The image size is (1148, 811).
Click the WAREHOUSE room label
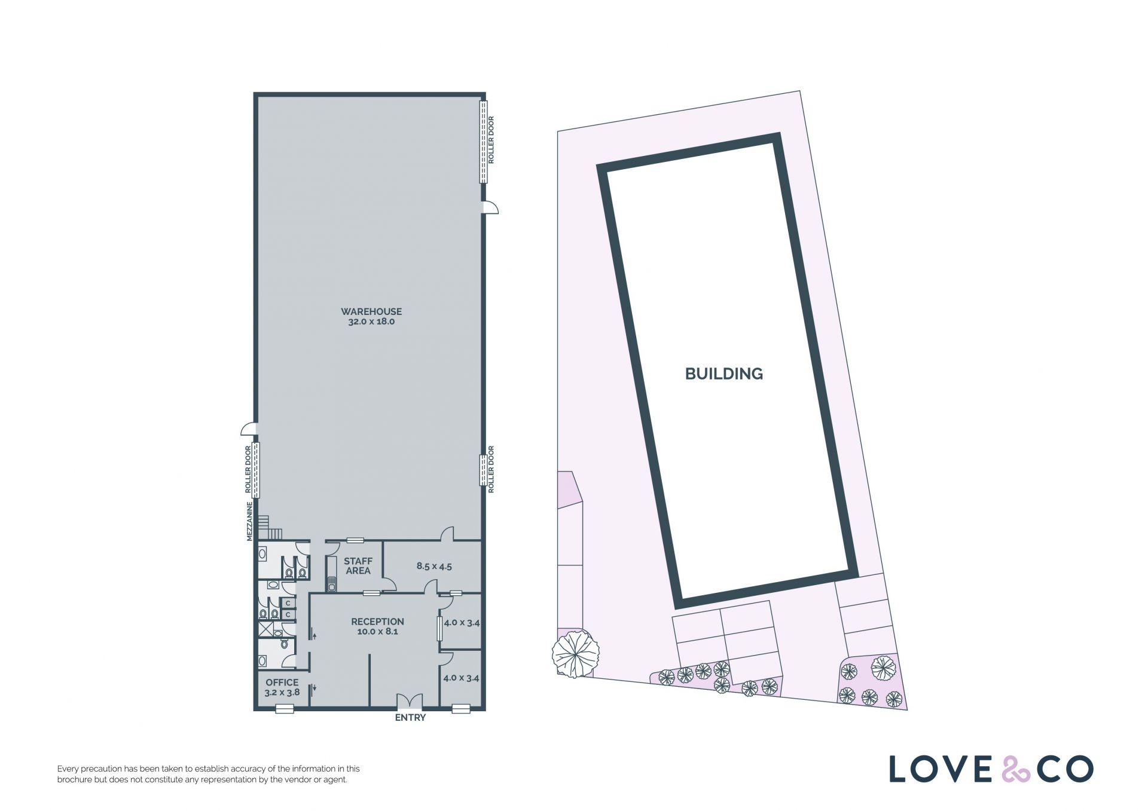coord(371,311)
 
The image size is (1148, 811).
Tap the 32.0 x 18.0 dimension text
coord(371,322)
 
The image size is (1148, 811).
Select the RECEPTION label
coord(377,622)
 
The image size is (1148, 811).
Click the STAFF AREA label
coord(358,566)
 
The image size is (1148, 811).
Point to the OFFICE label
coord(282,683)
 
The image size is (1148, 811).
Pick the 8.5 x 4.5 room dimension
coord(434,566)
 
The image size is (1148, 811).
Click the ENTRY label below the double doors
coord(410,717)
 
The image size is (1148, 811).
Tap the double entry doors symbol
coord(410,702)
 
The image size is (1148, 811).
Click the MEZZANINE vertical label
coord(250,521)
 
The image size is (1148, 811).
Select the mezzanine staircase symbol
coord(270,527)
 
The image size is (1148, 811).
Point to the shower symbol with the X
coord(266,628)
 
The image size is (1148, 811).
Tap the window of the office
coord(285,709)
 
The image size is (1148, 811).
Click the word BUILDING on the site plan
coord(724,374)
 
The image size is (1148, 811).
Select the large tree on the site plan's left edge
coord(575,654)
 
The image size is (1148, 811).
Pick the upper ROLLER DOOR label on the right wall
coord(491,140)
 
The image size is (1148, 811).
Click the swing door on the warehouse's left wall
coord(249,429)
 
